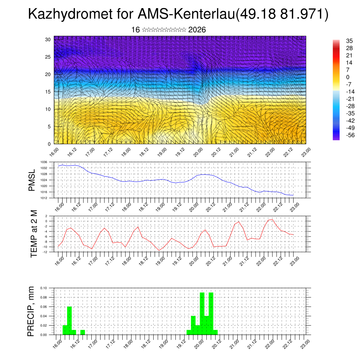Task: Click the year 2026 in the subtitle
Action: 197,30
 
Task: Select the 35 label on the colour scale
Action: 340,41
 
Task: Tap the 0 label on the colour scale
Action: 338,77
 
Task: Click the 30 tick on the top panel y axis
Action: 48,39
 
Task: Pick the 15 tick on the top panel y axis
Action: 48,92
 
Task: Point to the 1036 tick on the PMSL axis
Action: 44,162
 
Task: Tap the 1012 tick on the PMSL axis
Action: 44,198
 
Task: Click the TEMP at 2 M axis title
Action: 34,234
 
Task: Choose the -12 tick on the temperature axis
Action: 45,252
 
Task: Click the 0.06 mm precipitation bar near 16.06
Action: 69,320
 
